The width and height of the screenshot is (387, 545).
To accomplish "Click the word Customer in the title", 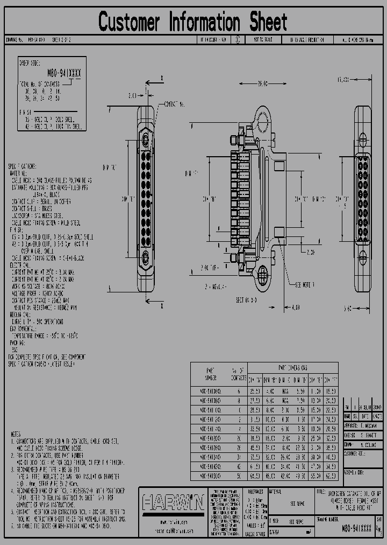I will (130, 22).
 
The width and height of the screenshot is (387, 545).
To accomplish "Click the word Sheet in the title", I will (267, 22).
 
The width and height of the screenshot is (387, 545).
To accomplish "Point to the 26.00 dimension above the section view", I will (262, 84).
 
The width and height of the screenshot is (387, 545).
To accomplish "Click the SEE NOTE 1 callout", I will (305, 284).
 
